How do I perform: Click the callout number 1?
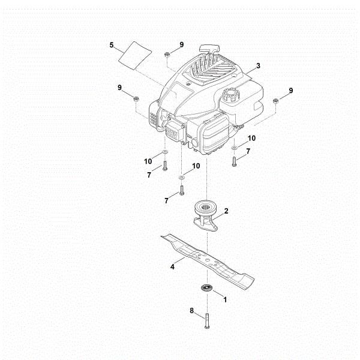coord(225,298)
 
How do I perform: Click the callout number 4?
coord(172,266)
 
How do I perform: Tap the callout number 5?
coord(112,44)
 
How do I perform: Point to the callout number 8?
coord(191,311)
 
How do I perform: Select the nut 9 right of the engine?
coord(276,101)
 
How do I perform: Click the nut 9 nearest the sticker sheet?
coord(168,55)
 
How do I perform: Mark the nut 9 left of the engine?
coord(137,99)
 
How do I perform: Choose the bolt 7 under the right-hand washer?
coord(233,160)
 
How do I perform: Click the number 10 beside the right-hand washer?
coord(251,137)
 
